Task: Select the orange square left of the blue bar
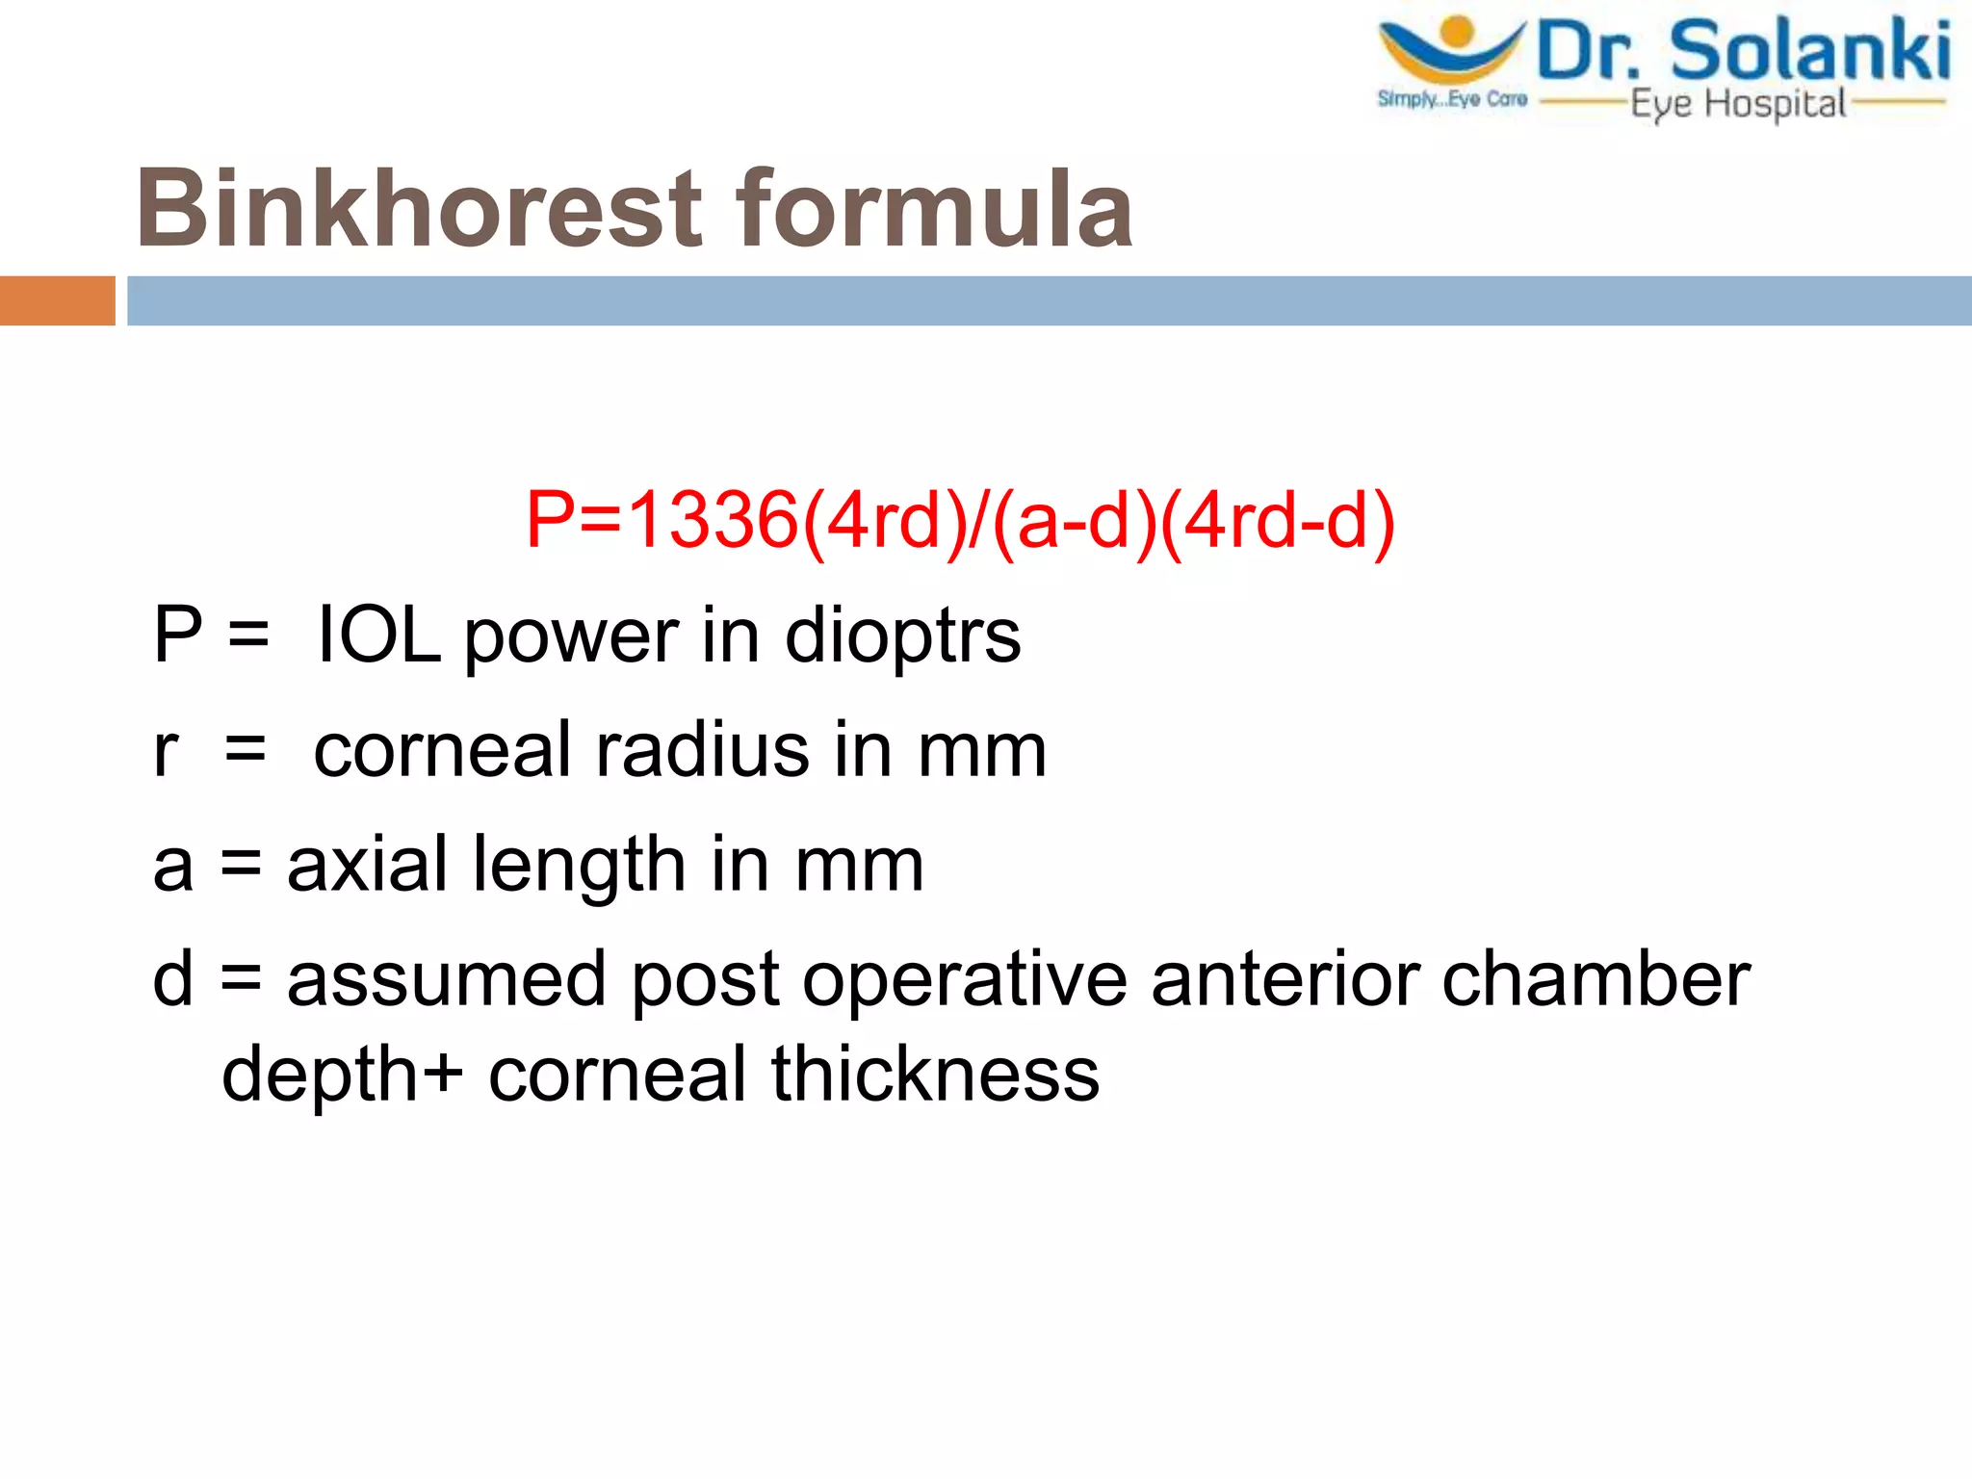coord(57,300)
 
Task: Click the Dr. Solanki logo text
coord(1744,51)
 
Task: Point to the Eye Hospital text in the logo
coord(1738,104)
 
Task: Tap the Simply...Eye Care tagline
coord(1452,99)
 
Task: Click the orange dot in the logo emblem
coord(1458,32)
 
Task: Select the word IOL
coord(378,635)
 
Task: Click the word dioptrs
coord(902,636)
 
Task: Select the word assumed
coord(447,979)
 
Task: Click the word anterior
coord(1284,979)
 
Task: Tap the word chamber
coord(1596,979)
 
